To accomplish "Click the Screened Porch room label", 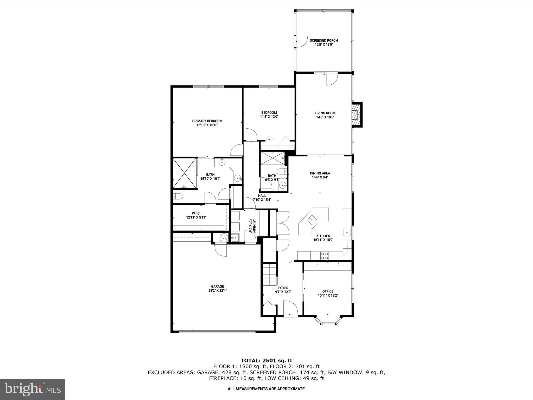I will (x=324, y=40).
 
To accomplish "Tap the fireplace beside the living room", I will (x=356, y=115).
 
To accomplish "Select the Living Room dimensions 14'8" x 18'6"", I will (x=325, y=117).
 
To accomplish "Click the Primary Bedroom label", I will (x=207, y=121).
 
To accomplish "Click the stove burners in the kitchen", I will (x=325, y=256).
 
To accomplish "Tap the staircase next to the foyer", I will (x=269, y=275).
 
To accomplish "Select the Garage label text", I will (x=217, y=286).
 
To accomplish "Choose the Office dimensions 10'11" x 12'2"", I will (x=328, y=296).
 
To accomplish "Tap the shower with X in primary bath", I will (x=185, y=173).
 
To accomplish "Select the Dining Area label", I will (x=320, y=173).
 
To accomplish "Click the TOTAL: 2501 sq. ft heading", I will (x=266, y=361).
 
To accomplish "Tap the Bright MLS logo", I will (x=33, y=389).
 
